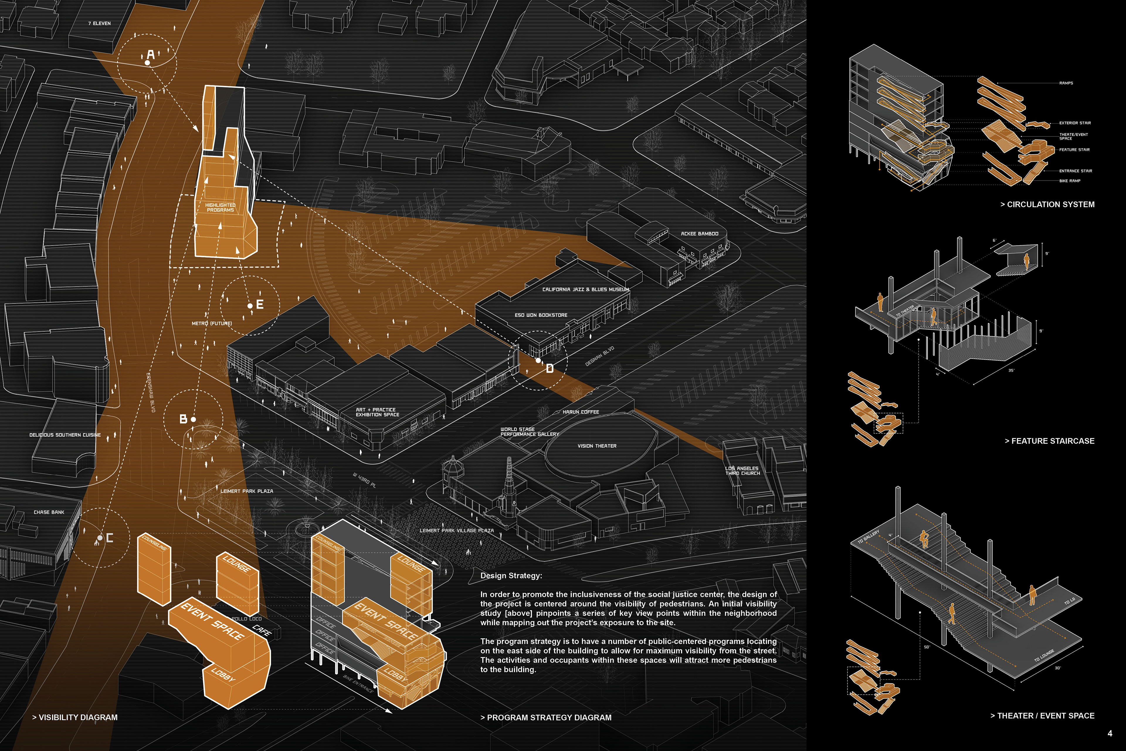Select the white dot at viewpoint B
(194, 419)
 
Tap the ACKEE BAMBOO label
(699, 234)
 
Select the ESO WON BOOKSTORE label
(541, 315)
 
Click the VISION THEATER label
(597, 446)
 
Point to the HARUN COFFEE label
(581, 412)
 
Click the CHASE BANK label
(49, 512)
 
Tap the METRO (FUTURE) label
(212, 323)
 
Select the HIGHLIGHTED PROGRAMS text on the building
(220, 207)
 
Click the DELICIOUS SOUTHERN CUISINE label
(65, 435)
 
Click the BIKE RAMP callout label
(1069, 181)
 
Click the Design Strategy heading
(511, 576)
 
